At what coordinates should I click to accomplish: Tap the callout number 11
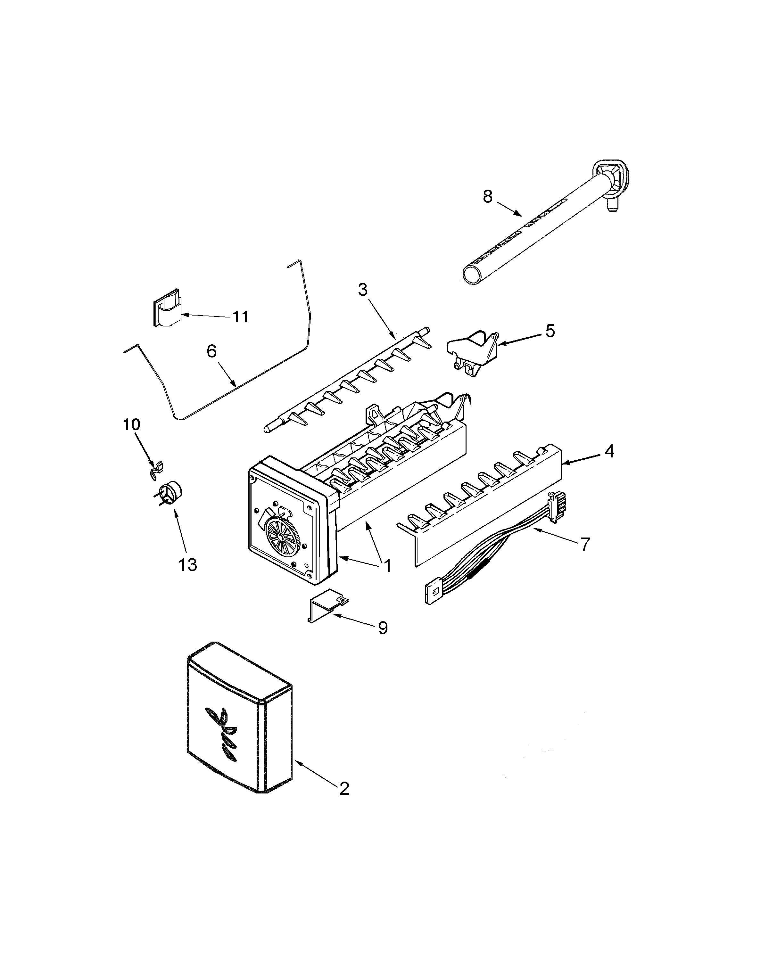point(241,317)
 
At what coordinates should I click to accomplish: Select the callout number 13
point(187,565)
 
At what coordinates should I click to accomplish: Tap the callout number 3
point(363,290)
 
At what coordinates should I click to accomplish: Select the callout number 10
point(131,424)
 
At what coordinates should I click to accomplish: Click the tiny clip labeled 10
point(156,468)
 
